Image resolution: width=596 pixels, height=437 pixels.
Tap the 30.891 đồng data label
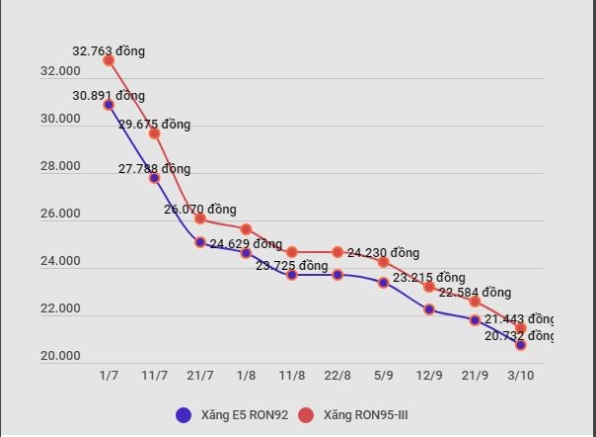pyautogui.click(x=109, y=96)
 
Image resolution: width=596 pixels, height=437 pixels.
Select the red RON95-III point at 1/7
pyautogui.click(x=109, y=60)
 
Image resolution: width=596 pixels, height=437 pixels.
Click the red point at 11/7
pyautogui.click(x=155, y=133)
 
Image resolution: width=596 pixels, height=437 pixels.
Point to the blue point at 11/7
pyautogui.click(x=155, y=178)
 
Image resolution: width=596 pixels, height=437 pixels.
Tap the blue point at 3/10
pyautogui.click(x=521, y=345)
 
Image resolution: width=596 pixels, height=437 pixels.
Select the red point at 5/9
pyautogui.click(x=384, y=262)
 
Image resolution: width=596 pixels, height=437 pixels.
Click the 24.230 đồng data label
pyautogui.click(x=383, y=253)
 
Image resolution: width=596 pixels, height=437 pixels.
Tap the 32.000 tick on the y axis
pyautogui.click(x=60, y=72)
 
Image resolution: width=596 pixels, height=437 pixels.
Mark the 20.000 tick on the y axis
pyautogui.click(x=60, y=357)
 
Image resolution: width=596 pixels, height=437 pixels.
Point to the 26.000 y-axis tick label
pyautogui.click(x=60, y=215)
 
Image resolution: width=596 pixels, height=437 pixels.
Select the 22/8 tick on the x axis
pyautogui.click(x=337, y=377)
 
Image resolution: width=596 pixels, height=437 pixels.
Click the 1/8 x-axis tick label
pyautogui.click(x=247, y=377)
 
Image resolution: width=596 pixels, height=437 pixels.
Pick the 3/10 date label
pyautogui.click(x=521, y=377)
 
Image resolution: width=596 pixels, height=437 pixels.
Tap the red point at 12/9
pyautogui.click(x=429, y=287)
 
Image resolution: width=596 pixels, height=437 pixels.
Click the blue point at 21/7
pyautogui.click(x=200, y=242)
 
